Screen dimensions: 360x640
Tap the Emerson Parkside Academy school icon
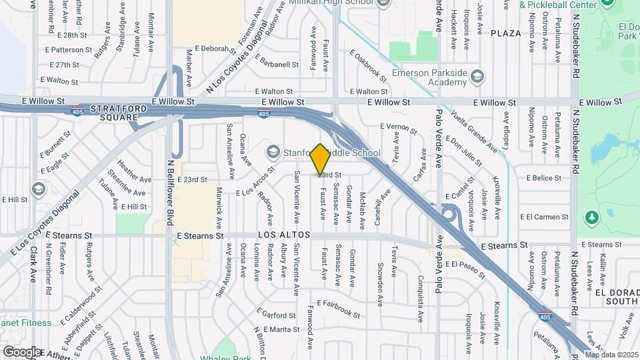click(476, 77)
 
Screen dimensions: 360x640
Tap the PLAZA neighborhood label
click(505, 33)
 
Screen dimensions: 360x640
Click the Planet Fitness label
click(25, 323)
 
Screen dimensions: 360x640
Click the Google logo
click(21, 351)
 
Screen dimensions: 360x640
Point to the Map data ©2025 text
click(611, 355)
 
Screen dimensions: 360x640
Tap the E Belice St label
click(543, 179)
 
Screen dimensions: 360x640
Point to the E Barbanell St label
click(277, 65)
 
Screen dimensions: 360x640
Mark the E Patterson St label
click(68, 50)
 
